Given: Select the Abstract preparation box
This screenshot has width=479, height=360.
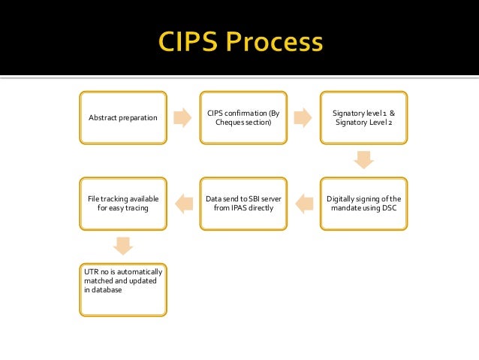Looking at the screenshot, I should coord(123,117).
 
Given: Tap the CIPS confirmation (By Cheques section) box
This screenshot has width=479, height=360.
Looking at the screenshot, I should coord(243,117).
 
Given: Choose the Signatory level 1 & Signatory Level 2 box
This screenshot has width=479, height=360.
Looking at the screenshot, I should coord(363,117).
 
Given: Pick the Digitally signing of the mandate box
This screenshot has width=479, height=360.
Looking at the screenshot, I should coord(363,203).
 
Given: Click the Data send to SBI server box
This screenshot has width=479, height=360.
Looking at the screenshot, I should coord(243,203).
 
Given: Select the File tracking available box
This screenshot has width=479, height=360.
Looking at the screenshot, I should coord(123,203).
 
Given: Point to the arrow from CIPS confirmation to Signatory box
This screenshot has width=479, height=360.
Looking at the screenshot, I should coord(303,117).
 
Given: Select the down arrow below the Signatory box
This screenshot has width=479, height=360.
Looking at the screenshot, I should coord(363,160).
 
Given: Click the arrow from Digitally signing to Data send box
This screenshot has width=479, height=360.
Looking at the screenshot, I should coord(303,201).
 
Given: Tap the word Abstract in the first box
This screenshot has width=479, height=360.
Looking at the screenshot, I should coord(102,117).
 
